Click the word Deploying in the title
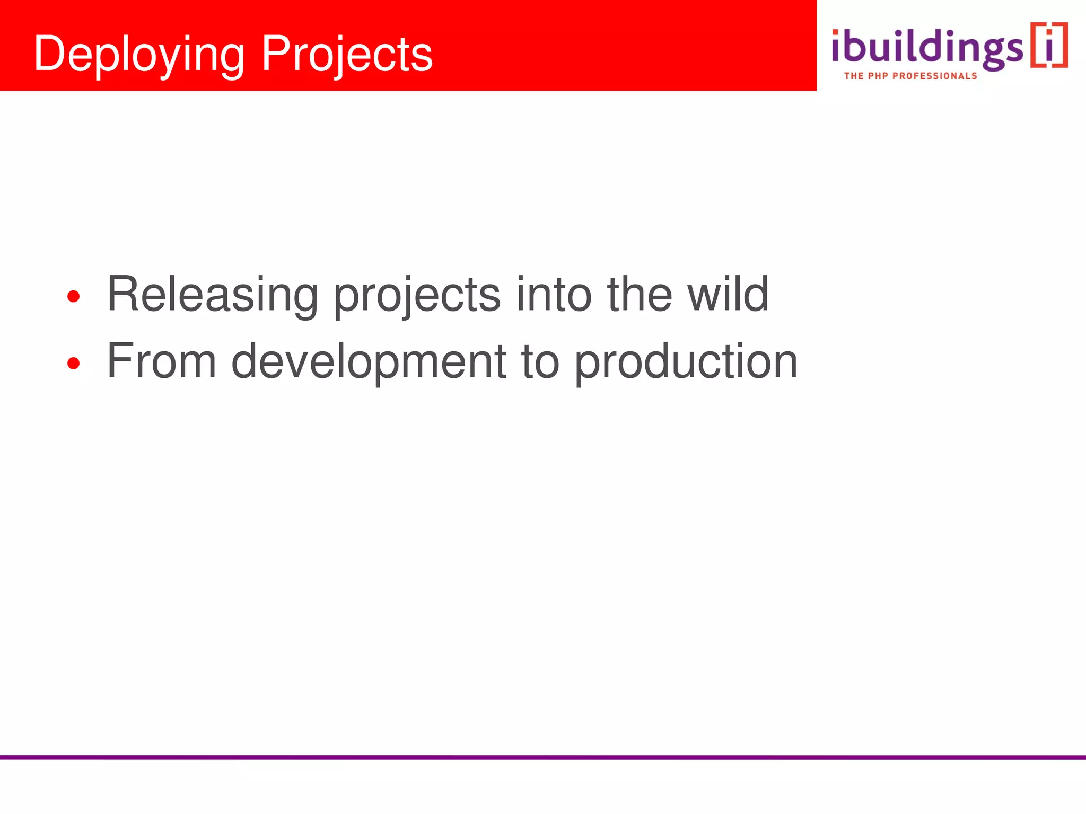coord(139,54)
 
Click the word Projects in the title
coord(347,54)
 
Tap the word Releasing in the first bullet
coord(212,295)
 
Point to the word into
coord(554,295)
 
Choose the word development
coord(369,362)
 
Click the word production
coord(686,362)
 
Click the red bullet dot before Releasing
coord(74,296)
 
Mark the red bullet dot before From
coord(74,364)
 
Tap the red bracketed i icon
coord(1048,46)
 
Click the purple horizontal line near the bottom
coord(543,757)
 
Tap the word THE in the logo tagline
coord(854,76)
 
